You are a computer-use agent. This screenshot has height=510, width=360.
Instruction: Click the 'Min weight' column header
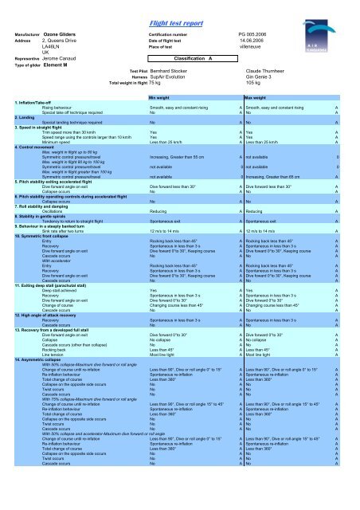(x=163, y=96)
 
